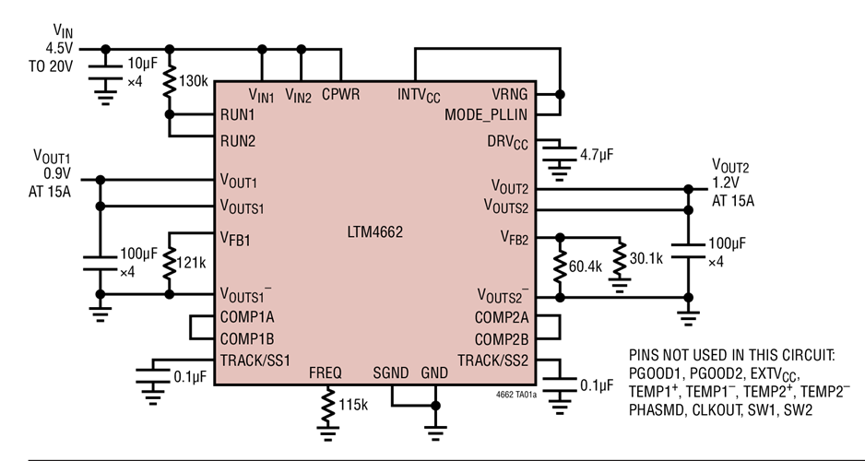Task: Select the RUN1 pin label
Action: tap(238, 115)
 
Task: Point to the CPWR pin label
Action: tap(341, 94)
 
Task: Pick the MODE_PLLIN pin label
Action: tap(486, 115)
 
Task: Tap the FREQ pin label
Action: tap(326, 373)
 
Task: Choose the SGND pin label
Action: tap(391, 373)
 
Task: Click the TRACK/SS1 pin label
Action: tap(255, 360)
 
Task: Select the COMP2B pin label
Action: tap(501, 338)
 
